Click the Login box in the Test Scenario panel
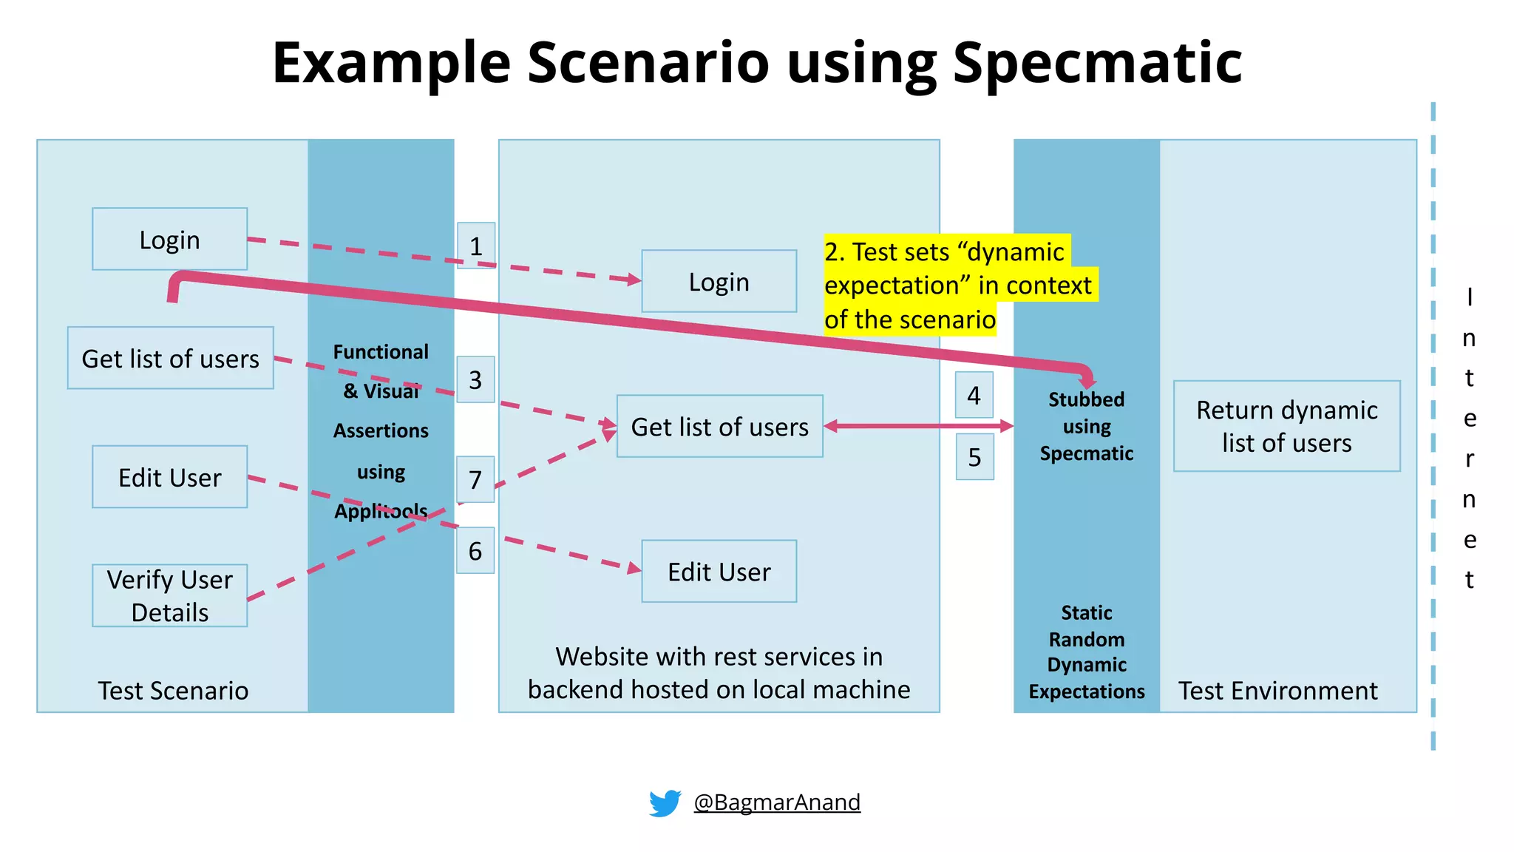(x=169, y=240)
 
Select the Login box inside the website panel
(x=719, y=282)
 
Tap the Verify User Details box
(x=169, y=596)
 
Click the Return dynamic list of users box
(x=1286, y=426)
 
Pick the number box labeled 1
(x=475, y=246)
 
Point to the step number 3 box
(x=475, y=380)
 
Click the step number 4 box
(x=974, y=396)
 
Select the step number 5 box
(x=974, y=457)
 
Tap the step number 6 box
(x=475, y=551)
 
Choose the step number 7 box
(x=475, y=480)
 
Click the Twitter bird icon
(x=665, y=802)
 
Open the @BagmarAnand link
(x=776, y=802)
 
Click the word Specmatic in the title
(x=1097, y=63)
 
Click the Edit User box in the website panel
(x=719, y=572)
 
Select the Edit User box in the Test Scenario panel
(x=169, y=477)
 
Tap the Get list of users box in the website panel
(x=719, y=427)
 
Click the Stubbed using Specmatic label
(x=1086, y=427)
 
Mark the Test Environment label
(x=1277, y=691)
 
